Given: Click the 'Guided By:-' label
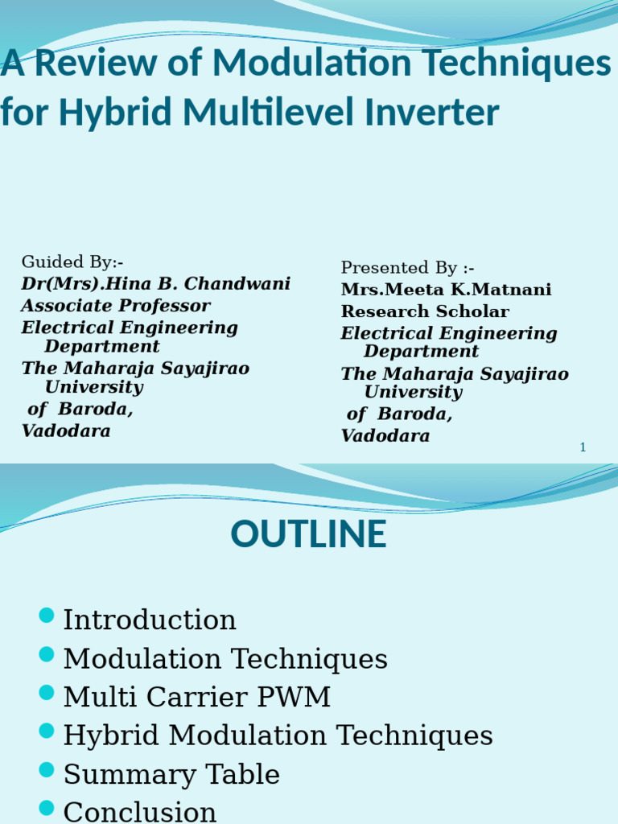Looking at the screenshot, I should (72, 262).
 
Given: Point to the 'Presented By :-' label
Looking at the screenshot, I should (408, 268).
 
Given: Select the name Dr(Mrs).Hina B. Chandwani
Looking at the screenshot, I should (155, 284).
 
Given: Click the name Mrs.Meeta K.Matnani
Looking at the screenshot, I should (446, 290).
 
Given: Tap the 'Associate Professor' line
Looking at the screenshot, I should (115, 306).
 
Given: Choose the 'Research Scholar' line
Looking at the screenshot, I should (425, 311).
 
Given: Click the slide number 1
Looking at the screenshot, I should (583, 447).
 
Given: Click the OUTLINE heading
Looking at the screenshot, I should (308, 535).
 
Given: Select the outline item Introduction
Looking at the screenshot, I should (150, 620).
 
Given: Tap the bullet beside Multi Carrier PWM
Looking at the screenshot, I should (47, 693).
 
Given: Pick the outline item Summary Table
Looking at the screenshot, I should (171, 775).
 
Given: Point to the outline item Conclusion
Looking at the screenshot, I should (140, 811).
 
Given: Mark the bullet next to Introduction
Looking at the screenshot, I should (47, 616).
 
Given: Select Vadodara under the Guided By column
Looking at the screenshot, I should (65, 431).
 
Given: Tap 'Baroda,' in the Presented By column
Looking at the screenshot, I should (415, 415).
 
